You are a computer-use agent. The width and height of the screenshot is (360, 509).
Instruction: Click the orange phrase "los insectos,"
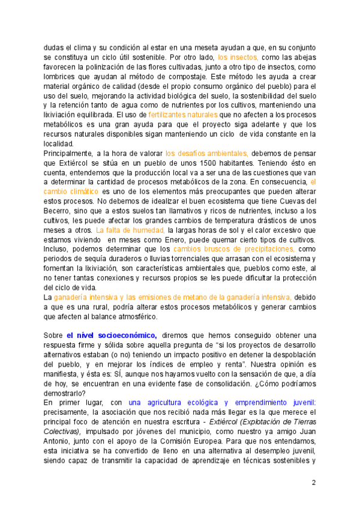[238, 57]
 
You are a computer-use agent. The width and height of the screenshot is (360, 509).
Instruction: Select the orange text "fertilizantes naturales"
[182, 114]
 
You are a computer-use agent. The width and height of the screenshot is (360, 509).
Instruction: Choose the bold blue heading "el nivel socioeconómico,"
[112, 335]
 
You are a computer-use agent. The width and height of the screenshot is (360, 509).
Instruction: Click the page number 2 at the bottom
[313, 483]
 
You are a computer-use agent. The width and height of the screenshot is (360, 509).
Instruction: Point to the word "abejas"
[303, 57]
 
